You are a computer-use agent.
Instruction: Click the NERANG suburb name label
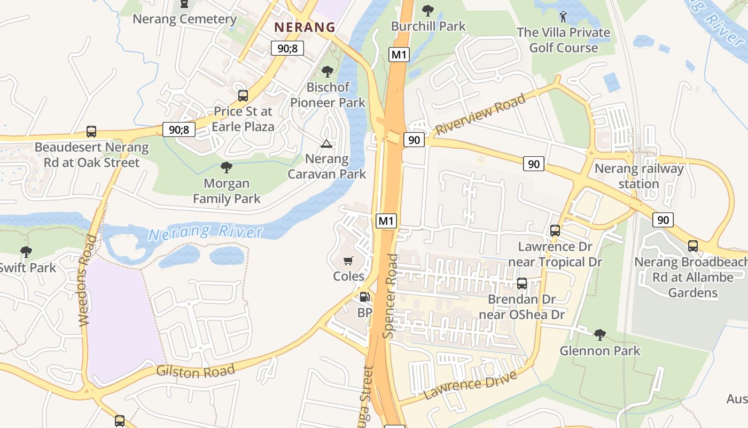pos(305,27)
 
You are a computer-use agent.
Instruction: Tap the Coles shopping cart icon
pos(348,261)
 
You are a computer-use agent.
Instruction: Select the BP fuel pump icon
pos(364,297)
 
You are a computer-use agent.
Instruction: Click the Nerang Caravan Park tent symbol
pos(326,143)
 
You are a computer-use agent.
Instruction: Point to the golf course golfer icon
pos(563,17)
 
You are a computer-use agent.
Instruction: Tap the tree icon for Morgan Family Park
pos(227,167)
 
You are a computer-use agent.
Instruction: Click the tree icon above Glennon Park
pos(599,335)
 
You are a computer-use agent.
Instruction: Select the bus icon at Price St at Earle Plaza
pos(243,96)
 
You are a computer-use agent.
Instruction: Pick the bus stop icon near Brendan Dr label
pos(522,284)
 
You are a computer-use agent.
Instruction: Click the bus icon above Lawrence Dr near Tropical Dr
pos(555,231)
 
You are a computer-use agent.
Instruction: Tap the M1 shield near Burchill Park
pos(399,54)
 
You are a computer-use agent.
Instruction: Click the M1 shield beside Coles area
pos(386,220)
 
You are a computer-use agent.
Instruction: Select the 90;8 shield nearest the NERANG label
pos(287,49)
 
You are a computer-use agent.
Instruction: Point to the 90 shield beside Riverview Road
pos(414,140)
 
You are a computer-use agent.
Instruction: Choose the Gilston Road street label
pos(196,370)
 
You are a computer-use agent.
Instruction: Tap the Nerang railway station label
pos(639,176)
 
